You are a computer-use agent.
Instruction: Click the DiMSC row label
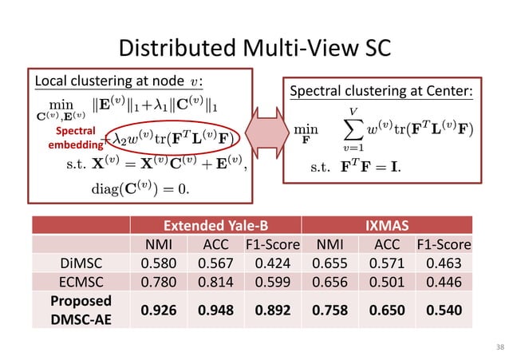[x=79, y=262]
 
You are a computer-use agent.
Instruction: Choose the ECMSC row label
[x=79, y=280]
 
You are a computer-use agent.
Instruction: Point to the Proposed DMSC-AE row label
[x=79, y=307]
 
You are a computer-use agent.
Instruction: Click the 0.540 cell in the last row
[x=447, y=307]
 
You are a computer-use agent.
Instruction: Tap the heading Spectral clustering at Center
[x=381, y=93]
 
